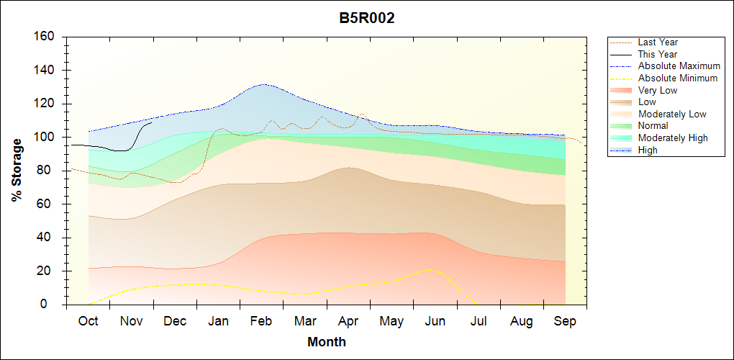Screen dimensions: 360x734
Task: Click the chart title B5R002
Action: [367, 18]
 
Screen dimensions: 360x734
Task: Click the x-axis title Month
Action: [326, 342]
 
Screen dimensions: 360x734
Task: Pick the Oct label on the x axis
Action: [88, 321]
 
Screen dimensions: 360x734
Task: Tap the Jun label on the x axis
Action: [435, 321]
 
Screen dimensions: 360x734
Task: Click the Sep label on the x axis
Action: [566, 321]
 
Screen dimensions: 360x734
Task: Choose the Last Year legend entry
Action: [658, 42]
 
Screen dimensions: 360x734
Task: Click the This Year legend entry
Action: [657, 54]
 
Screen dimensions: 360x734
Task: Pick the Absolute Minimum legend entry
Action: [678, 78]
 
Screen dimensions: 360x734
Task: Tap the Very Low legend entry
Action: [658, 90]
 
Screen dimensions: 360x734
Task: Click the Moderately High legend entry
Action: [673, 138]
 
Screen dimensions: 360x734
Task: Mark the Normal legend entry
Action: [653, 126]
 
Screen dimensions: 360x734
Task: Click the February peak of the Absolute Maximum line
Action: [264, 84]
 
